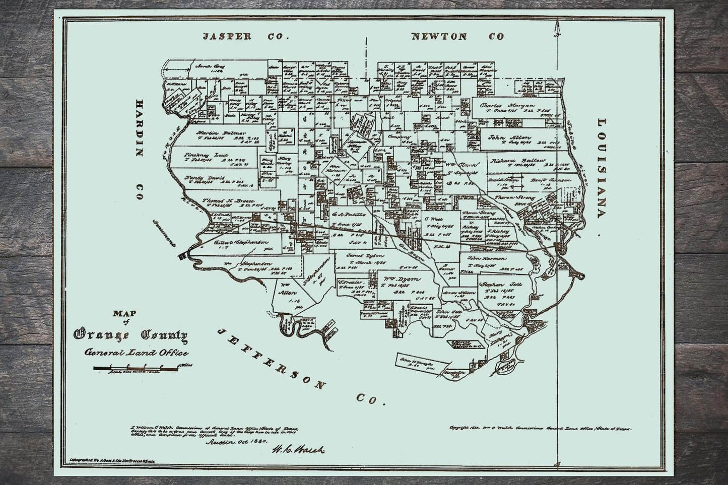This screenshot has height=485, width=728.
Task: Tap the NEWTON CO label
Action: click(x=457, y=37)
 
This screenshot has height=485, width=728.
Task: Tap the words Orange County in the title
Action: click(x=130, y=334)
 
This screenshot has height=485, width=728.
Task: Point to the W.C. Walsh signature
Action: click(x=298, y=449)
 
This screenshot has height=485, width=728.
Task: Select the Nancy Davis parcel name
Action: click(x=204, y=177)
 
